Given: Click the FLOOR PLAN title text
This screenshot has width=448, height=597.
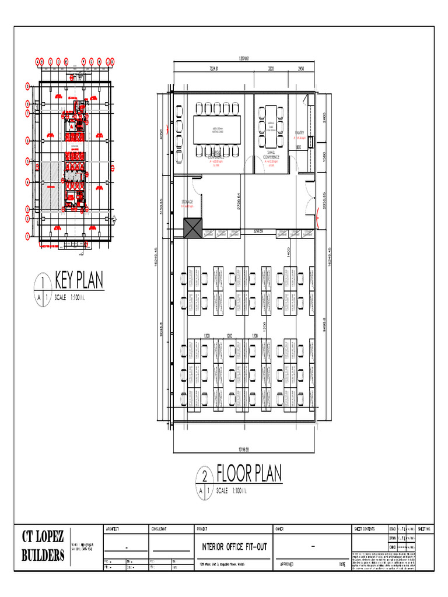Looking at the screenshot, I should coord(249,473).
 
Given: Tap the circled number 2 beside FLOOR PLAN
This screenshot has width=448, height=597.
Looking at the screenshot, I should coord(204,475).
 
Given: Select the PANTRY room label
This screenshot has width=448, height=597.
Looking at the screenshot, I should coord(300,133).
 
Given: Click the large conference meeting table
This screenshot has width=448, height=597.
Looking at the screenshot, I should coord(217,129).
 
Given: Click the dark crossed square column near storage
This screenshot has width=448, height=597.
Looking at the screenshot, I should coord(192,228).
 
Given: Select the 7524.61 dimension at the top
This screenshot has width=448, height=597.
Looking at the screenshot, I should coord(218,69).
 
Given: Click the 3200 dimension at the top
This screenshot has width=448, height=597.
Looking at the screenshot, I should coord(271,69).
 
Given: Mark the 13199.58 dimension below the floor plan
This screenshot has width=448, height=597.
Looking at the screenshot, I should coord(244,449).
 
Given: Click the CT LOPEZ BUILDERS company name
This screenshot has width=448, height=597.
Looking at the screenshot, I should coord(43,547).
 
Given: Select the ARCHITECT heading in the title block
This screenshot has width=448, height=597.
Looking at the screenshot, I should coord(113,529).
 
